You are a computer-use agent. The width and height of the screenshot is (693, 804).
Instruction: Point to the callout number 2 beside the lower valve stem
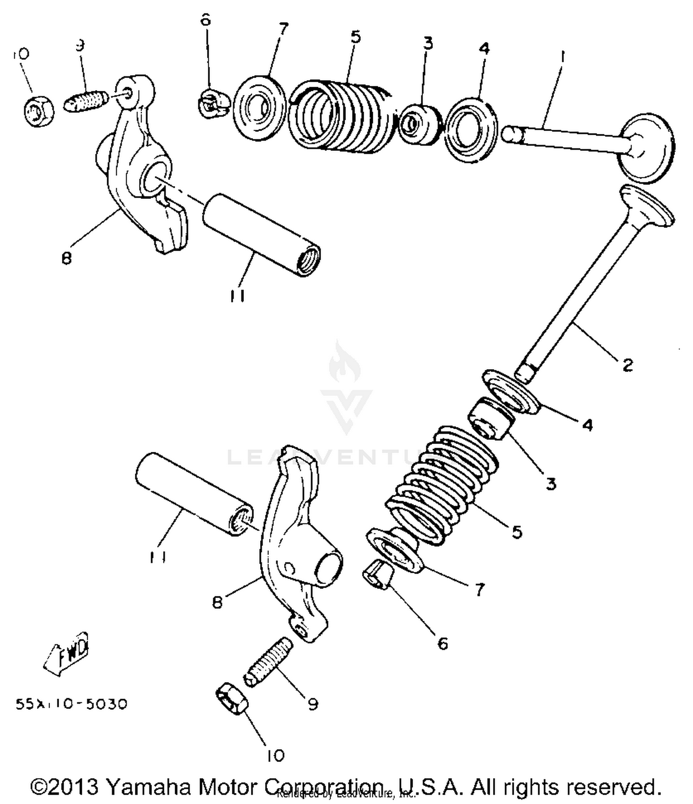click(x=627, y=365)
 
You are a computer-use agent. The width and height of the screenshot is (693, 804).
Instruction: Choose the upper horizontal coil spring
click(x=342, y=115)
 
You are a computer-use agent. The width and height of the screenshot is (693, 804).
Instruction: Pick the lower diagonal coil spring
click(x=441, y=485)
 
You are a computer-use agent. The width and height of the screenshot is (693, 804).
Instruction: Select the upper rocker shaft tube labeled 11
click(x=261, y=234)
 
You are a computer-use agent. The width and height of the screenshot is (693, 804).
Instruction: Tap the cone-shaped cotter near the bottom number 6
click(x=378, y=575)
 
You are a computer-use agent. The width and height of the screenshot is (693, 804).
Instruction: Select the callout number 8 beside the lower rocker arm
click(x=217, y=602)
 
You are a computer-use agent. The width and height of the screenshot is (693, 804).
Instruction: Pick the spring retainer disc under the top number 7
click(x=258, y=108)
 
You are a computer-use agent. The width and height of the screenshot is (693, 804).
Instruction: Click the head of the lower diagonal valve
click(x=647, y=205)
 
